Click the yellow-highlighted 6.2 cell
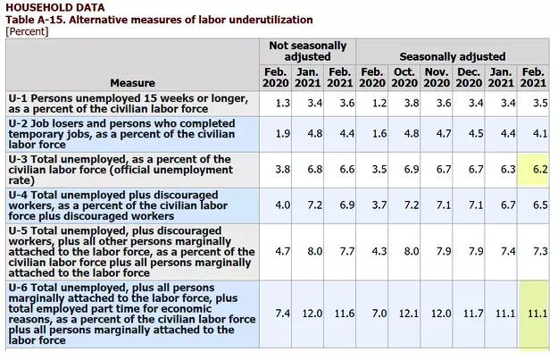[536, 168]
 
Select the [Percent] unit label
[28, 31]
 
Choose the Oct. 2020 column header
[404, 77]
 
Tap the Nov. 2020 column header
[437, 77]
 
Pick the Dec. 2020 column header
[469, 77]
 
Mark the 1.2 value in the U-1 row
[373, 103]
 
